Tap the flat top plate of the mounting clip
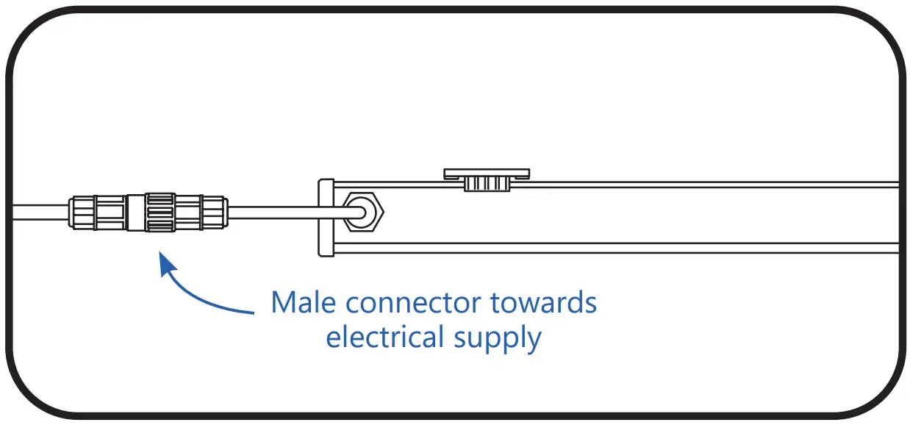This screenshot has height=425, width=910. click(x=487, y=174)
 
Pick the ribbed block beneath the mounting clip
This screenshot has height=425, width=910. click(x=487, y=185)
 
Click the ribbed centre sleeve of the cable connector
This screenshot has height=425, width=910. click(x=160, y=213)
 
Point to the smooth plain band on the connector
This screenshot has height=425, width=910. click(x=135, y=213)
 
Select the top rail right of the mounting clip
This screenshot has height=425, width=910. click(x=706, y=184)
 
